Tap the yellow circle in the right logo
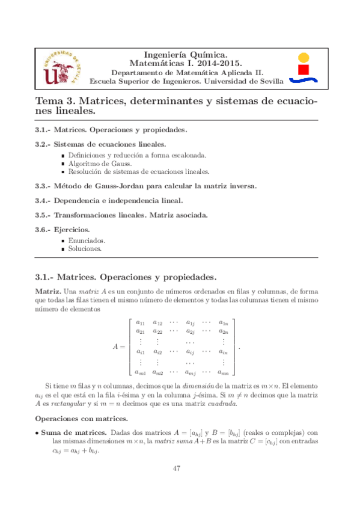[x=304, y=58]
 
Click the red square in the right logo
[x=305, y=70]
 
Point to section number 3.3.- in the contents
[x=42, y=186]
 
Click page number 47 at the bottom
[x=177, y=469]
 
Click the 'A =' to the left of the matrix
[x=119, y=347]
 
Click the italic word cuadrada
[x=220, y=404]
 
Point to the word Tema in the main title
[x=49, y=102]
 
